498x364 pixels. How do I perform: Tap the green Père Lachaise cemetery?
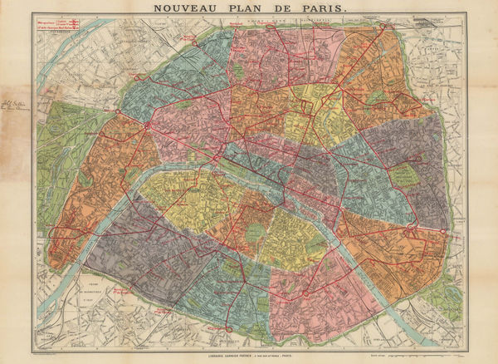coord(404,175)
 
